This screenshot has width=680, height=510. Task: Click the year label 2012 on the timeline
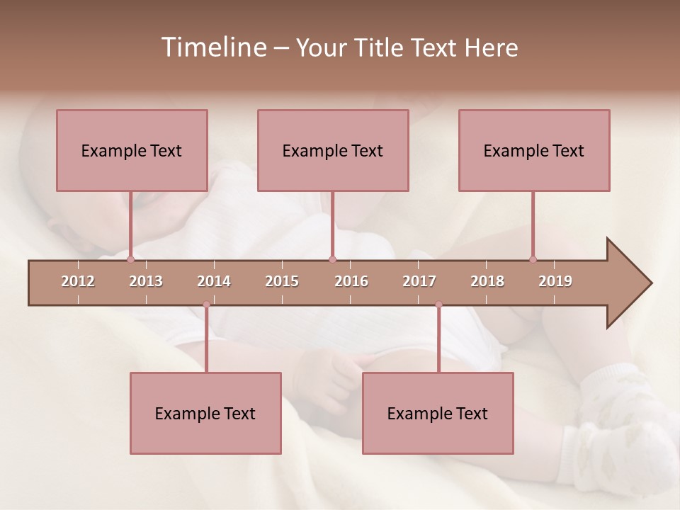point(78,281)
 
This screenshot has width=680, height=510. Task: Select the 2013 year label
point(146,281)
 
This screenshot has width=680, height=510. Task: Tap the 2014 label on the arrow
point(214,281)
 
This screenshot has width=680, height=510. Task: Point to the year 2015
point(282,281)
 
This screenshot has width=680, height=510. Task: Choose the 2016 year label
point(351,281)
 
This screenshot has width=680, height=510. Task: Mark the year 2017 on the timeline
point(419,281)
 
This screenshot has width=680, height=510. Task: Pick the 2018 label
point(487,281)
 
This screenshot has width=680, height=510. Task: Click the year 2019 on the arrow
point(555,281)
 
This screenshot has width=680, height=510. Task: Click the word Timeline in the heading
point(212,47)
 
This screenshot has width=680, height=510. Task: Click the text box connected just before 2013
point(132,150)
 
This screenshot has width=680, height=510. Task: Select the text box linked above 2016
point(333,150)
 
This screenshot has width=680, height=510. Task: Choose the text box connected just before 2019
point(534,150)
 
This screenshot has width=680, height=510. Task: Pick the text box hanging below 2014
point(205,413)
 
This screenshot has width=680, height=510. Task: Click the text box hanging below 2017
point(438,413)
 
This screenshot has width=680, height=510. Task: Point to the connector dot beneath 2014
point(206,305)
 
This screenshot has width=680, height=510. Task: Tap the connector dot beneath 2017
point(438,305)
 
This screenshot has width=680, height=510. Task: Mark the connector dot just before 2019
point(533,259)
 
